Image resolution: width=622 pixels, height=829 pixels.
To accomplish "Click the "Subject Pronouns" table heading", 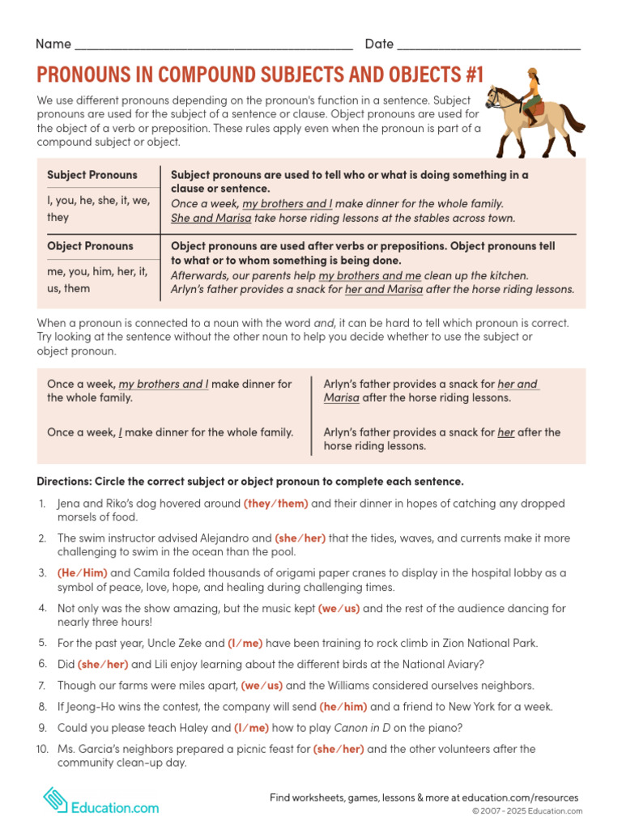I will (x=92, y=175).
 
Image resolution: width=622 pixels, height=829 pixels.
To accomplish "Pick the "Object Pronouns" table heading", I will (x=90, y=246).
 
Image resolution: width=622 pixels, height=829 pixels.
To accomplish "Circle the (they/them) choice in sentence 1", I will (x=275, y=504).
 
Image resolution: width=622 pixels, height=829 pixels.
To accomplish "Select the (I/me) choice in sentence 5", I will (x=245, y=644).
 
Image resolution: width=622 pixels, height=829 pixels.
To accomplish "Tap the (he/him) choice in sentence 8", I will (x=344, y=707).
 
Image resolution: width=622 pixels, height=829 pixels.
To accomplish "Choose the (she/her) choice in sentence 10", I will (x=339, y=749).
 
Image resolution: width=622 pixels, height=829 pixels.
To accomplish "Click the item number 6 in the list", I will (x=42, y=665).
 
